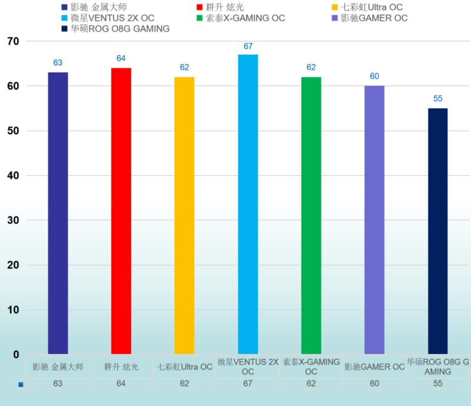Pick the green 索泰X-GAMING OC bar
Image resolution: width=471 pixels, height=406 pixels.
311,215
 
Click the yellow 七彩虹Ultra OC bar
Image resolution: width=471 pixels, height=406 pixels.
184,215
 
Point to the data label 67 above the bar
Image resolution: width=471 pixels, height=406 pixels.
248,46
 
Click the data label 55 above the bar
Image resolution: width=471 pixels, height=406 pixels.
438,99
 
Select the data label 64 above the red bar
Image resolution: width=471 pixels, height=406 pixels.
121,59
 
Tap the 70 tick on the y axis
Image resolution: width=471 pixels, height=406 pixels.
13,41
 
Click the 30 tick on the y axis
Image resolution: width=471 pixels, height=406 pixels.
13,220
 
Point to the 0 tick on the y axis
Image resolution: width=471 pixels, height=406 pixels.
16,355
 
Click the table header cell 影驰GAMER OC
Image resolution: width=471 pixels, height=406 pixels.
374,367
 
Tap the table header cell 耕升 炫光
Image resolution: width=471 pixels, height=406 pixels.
121,367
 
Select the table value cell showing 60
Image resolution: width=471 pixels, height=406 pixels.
374,384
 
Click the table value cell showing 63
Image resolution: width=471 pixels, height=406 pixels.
58,384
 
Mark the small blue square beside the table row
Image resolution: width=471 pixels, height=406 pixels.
21,385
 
